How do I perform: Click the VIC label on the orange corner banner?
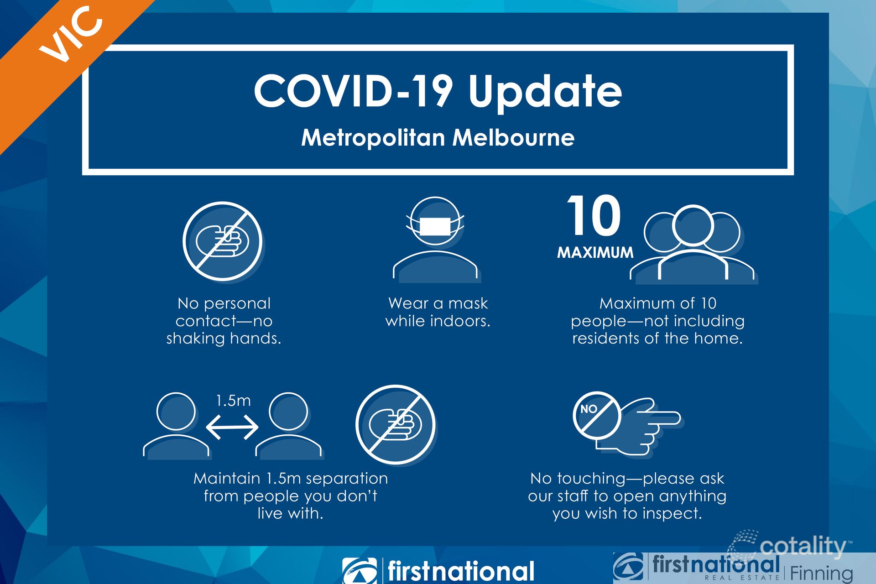pos(71,34)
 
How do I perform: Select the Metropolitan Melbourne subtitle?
pos(438,138)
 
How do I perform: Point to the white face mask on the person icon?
pos(435,226)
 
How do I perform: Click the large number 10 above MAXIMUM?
pos(594,215)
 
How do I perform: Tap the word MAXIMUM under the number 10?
pos(595,252)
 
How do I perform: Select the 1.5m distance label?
pos(233,401)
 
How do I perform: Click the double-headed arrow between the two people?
pos(232,427)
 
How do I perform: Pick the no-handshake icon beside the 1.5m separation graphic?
pos(396,425)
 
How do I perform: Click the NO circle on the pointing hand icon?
pos(596,415)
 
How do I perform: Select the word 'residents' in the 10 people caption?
pos(605,339)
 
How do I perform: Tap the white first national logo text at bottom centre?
pos(461,571)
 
